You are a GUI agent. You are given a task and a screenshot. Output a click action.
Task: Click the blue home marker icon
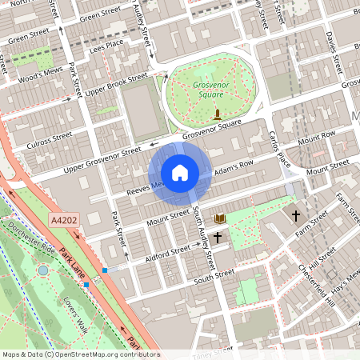click(180, 172)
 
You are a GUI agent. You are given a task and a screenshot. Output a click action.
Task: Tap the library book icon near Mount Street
click(219, 218)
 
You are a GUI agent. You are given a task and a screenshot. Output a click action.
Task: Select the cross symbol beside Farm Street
click(296, 216)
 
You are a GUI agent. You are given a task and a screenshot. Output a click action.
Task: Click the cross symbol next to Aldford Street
click(217, 238)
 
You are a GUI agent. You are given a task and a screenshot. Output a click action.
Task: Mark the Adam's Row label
click(233, 168)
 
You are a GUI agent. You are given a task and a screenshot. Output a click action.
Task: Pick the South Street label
click(214, 274)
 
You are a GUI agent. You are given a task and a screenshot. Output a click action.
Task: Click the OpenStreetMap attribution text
click(80, 354)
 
